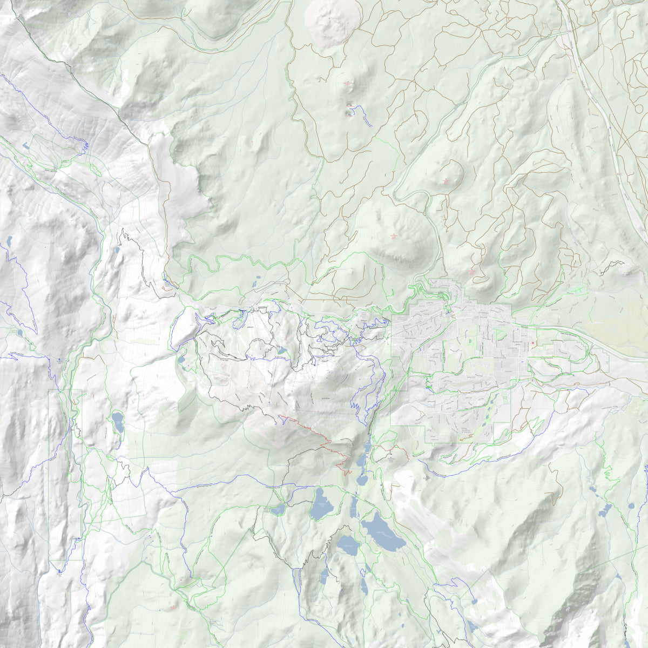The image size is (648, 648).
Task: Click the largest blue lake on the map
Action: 382,532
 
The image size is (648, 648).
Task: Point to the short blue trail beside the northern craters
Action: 364,116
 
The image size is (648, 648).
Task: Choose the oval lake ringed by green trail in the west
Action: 117,422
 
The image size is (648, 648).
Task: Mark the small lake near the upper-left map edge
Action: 26,145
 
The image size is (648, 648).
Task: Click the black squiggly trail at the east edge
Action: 613,265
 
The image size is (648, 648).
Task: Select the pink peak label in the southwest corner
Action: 173,607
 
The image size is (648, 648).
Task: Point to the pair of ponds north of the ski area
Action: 256,281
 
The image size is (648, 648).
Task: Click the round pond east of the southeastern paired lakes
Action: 630,506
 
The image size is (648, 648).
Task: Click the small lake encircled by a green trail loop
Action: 278,509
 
